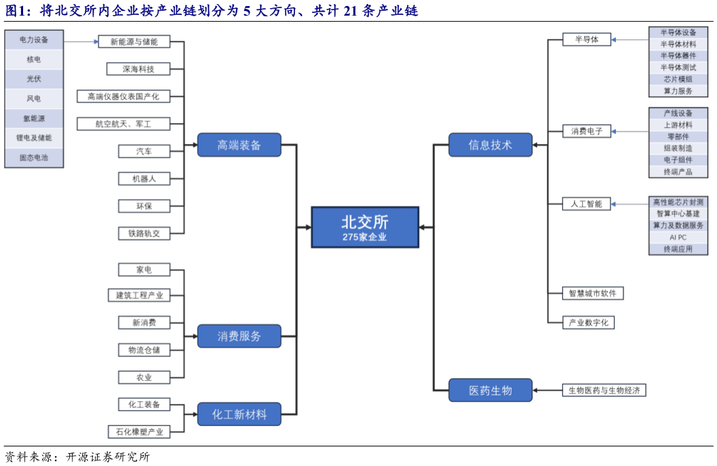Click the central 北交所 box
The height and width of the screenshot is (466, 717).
[365, 227]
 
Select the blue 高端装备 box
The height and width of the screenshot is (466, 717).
[239, 145]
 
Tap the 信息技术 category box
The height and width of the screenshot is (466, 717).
[490, 145]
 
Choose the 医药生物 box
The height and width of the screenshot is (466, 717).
[490, 390]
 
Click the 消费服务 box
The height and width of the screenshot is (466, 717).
[239, 336]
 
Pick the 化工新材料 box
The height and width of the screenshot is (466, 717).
[239, 414]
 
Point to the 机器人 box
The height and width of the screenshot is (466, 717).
[143, 179]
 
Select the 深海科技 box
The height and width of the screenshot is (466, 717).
[138, 69]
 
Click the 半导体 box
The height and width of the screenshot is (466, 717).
[586, 40]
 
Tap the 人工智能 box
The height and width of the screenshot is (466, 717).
[586, 204]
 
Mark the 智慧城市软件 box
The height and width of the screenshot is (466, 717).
[593, 293]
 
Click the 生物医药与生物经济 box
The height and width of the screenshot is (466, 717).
[604, 390]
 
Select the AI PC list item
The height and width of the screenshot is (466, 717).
[678, 237]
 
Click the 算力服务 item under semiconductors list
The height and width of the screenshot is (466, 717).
[678, 90]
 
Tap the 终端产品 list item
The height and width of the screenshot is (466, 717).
[678, 172]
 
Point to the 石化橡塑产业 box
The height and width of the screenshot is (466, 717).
[138, 431]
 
